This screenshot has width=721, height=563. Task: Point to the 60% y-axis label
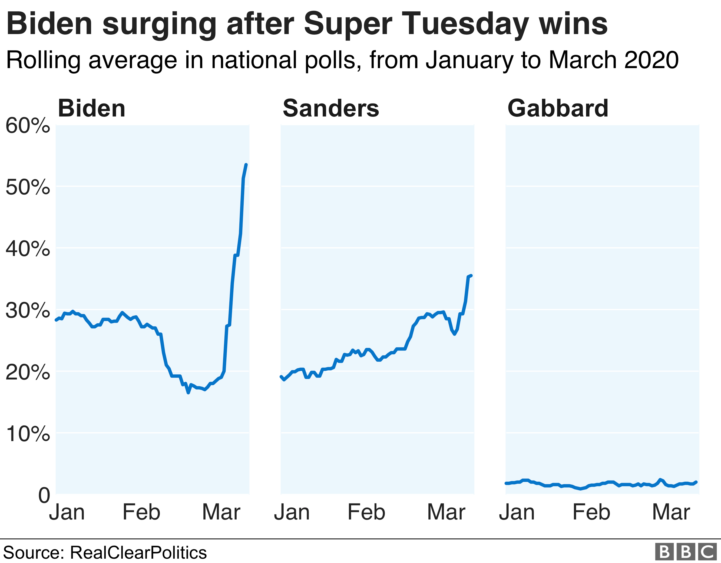(28, 126)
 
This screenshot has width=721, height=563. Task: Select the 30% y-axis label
(28, 310)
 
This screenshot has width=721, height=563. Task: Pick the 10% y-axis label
(28, 433)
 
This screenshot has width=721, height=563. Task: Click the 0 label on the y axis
(44, 495)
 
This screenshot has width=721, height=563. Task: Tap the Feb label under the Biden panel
(141, 512)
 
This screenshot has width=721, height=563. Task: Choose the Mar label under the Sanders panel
(446, 512)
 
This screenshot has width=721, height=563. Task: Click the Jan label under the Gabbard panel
(517, 512)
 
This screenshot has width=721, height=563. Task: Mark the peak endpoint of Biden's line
(246, 164)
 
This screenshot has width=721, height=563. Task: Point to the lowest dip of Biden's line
(188, 393)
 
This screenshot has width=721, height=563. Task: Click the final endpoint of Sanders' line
(471, 276)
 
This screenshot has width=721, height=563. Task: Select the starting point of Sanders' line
(281, 377)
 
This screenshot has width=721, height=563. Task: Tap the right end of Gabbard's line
(696, 482)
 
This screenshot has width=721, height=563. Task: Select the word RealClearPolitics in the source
(138, 552)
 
